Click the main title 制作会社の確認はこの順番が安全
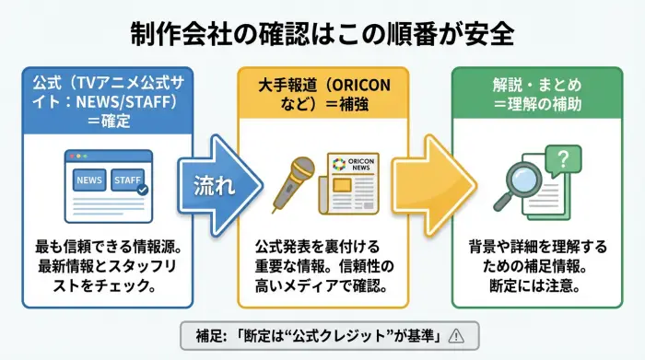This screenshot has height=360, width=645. pyautogui.click(x=322, y=35)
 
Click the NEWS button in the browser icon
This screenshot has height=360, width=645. pyautogui.click(x=89, y=180)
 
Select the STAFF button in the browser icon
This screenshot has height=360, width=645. pyautogui.click(x=128, y=180)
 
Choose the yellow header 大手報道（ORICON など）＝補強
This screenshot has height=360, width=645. pyautogui.click(x=322, y=94)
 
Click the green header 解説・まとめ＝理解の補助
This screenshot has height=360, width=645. pyautogui.click(x=537, y=94)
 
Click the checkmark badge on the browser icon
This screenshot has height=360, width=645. pyautogui.click(x=142, y=190)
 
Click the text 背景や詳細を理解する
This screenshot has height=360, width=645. pyautogui.click(x=537, y=249)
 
